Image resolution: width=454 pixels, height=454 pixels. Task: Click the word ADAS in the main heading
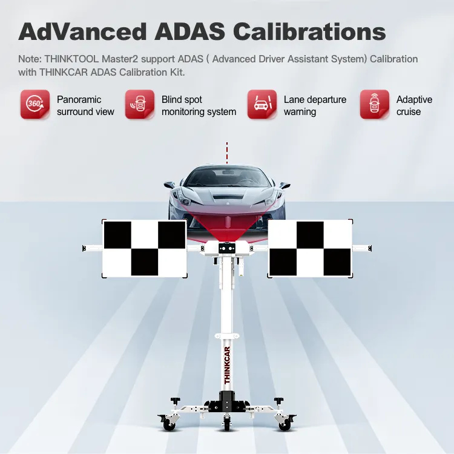coord(189,31)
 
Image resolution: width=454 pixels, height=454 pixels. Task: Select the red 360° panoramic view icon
coord(35,104)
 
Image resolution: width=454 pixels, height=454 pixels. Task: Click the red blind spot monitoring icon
coord(140,104)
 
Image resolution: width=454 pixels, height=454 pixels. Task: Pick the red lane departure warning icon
coord(262,104)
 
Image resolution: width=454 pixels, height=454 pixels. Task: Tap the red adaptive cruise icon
coord(374,104)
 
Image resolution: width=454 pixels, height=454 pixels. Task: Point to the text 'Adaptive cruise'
coord(414,106)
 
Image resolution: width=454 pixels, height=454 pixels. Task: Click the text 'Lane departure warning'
coord(315,106)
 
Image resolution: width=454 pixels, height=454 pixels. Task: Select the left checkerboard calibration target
coord(145,248)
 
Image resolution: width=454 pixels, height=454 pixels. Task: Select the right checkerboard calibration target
coord(310,248)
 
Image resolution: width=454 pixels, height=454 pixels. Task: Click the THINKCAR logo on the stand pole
coord(227,365)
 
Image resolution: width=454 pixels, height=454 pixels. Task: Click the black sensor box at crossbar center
coord(227,248)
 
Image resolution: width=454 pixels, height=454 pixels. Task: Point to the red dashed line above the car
coord(227,153)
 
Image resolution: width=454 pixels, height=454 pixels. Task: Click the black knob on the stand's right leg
coord(278,401)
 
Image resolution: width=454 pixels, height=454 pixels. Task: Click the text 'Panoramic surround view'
coord(85,106)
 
